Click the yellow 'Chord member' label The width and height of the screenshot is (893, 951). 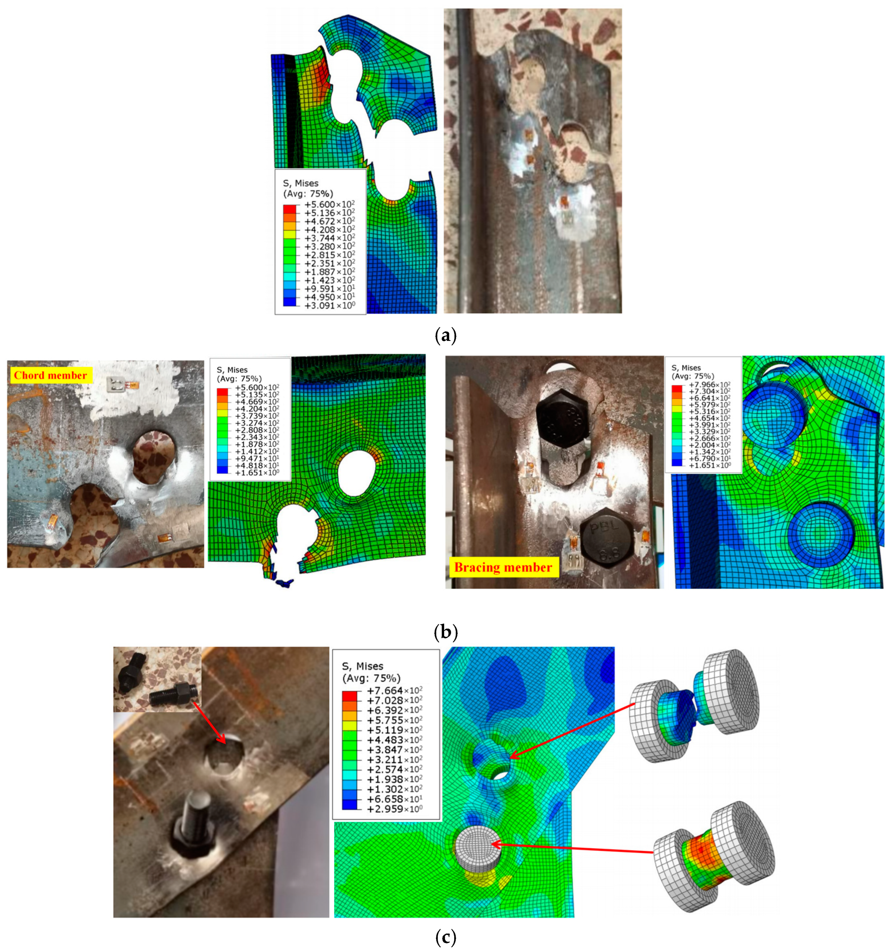[51, 375]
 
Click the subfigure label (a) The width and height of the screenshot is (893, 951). [446, 336]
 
